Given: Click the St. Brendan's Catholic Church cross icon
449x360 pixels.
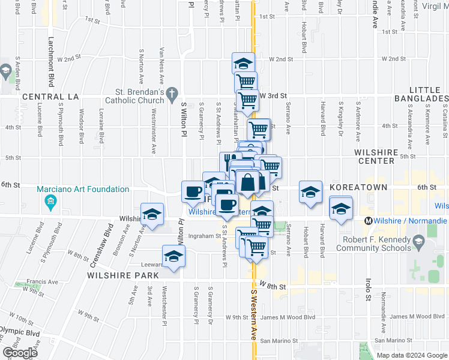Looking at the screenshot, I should pos(172,93).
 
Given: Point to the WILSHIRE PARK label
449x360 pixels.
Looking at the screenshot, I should pos(122,275).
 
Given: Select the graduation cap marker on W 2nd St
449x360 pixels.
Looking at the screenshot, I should pos(243,63).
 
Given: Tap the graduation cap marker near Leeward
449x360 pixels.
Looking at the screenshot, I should pos(174,256).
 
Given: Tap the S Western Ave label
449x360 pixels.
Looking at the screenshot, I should pos(253,311).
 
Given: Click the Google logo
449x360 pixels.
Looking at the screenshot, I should pos(20,353).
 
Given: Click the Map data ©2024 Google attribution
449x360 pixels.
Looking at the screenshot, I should pos(411,355).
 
